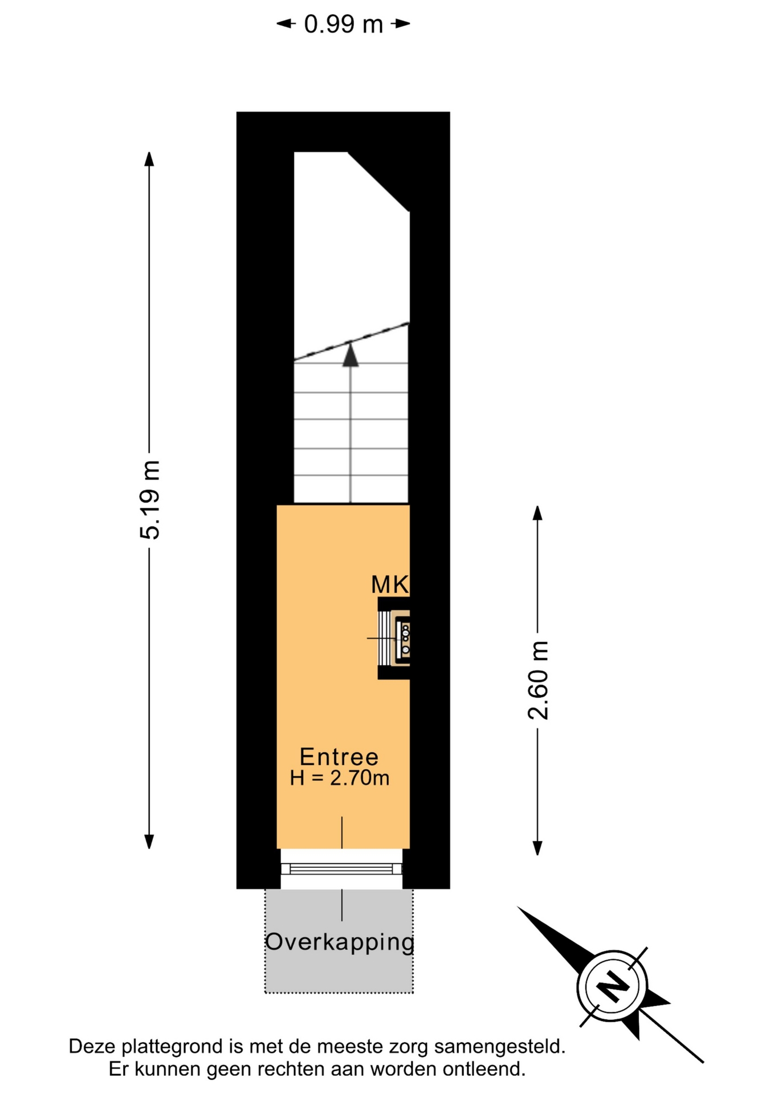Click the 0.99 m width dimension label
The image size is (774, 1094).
[x=343, y=25]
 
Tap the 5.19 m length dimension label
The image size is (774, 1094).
[x=150, y=500]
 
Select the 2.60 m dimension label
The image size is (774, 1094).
[x=538, y=680]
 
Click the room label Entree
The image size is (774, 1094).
[x=339, y=757]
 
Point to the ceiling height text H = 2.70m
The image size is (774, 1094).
[x=339, y=778]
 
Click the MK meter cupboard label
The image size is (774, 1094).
[x=390, y=585]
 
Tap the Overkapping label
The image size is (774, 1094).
[x=340, y=942]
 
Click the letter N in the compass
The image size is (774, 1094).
[x=612, y=985]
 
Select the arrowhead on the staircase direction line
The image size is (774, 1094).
[x=351, y=356]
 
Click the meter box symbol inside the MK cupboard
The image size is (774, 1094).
[x=404, y=638]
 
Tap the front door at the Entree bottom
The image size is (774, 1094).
[x=341, y=869]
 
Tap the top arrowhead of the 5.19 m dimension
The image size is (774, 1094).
[x=149, y=159]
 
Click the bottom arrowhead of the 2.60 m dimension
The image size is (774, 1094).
[x=537, y=848]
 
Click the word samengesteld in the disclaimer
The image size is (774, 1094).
[x=499, y=1047]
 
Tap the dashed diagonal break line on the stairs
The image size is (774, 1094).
[x=351, y=341]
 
